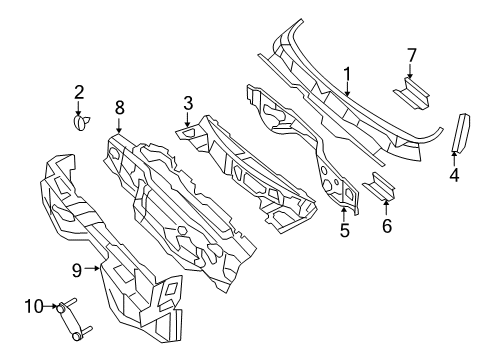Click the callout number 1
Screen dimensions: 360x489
click(347, 73)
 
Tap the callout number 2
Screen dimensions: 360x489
click(78, 93)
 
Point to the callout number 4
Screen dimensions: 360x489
click(454, 178)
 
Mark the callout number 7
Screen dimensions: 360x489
click(410, 54)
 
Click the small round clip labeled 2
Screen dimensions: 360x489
click(80, 123)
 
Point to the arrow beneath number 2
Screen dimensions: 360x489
click(79, 110)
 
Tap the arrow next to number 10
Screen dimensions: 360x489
click(52, 305)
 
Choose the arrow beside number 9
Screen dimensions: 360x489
click(95, 268)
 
